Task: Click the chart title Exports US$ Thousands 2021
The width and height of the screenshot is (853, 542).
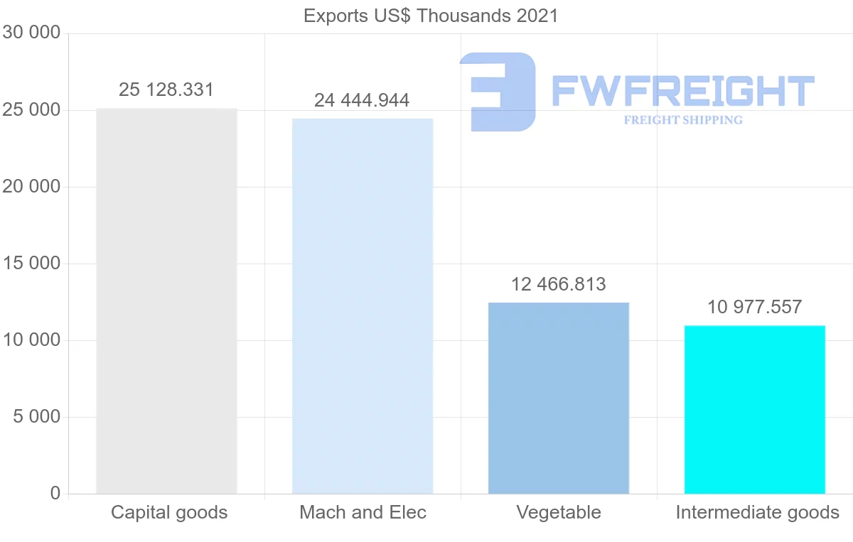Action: click(431, 15)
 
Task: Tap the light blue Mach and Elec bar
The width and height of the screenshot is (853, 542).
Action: click(363, 305)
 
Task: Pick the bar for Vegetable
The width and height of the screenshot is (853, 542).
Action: click(559, 398)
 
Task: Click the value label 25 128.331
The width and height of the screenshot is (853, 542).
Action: click(166, 90)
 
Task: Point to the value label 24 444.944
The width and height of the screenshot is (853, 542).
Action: click(362, 100)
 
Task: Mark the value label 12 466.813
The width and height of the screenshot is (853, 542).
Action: click(559, 284)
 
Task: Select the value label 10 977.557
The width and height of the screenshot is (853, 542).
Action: click(754, 307)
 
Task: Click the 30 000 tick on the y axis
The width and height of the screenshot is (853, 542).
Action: click(31, 33)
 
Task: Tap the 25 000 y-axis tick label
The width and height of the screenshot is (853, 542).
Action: click(31, 110)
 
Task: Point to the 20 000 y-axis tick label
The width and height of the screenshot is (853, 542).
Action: click(31, 187)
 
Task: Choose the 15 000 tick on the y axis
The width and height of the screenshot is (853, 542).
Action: click(31, 264)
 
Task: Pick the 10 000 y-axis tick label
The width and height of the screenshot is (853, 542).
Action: click(31, 340)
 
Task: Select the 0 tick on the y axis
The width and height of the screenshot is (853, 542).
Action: click(55, 494)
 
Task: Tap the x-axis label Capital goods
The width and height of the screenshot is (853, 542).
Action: click(169, 512)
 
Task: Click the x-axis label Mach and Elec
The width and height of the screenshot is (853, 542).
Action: click(363, 512)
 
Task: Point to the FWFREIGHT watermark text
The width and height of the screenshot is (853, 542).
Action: click(682, 91)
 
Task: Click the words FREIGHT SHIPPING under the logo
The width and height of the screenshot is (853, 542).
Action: click(683, 120)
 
